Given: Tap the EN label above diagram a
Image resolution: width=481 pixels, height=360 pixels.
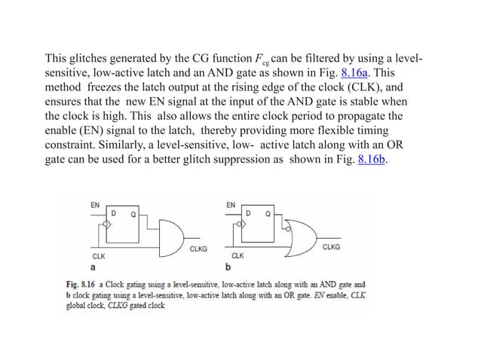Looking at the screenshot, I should pos(95,204).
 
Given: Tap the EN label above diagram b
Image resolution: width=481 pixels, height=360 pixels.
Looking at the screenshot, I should pos(231,204).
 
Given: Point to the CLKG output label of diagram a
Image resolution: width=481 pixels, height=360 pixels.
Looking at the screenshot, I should pos(199,249).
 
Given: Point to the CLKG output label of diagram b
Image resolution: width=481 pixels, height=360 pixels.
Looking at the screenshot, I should pos(331,246).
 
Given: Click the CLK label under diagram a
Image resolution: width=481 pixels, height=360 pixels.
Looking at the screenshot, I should pos(98,256).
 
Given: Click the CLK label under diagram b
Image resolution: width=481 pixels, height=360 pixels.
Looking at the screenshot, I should pos(237,256).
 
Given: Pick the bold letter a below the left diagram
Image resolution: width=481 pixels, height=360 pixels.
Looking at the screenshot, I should pos(93,267).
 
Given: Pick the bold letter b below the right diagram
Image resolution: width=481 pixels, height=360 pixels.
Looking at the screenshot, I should pos(228,267).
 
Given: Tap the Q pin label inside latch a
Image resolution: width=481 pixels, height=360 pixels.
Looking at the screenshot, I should pos(133,214).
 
